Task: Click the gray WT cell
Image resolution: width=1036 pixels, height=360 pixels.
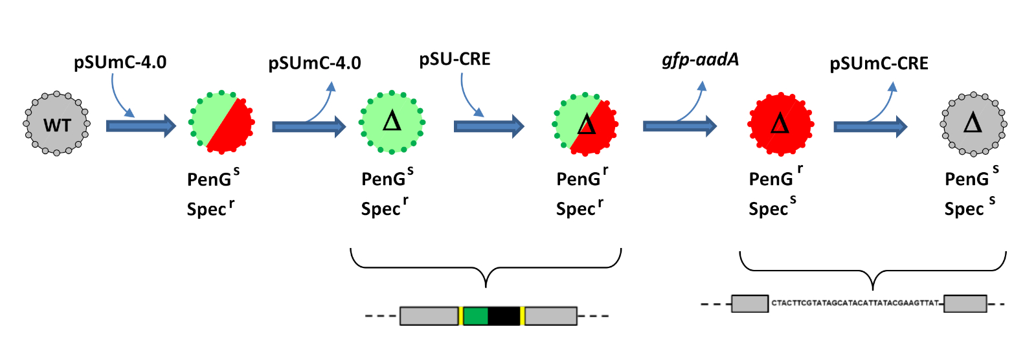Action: click(57, 124)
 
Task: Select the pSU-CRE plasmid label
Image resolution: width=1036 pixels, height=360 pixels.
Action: click(455, 59)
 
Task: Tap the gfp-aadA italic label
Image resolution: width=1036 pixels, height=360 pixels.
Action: click(700, 60)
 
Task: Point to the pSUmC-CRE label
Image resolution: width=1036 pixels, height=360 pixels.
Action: click(879, 63)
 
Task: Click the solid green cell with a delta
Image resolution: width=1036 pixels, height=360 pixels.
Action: click(392, 122)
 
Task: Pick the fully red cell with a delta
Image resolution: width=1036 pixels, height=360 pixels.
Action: click(781, 124)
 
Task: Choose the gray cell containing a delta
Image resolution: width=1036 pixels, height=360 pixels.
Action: click(973, 124)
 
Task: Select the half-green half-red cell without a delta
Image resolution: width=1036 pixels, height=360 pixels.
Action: click(221, 122)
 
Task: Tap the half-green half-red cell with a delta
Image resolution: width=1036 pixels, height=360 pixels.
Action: click(585, 124)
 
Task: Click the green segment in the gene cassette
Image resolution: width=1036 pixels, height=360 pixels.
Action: click(475, 316)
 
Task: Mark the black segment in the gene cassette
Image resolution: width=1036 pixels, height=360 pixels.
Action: click(504, 316)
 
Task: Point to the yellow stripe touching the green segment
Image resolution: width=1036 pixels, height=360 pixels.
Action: click(460, 316)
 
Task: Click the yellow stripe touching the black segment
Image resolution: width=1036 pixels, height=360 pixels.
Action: click(522, 316)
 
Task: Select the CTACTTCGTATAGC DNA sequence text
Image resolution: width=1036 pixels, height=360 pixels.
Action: click(855, 303)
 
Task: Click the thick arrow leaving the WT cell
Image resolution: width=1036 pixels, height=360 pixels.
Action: click(141, 126)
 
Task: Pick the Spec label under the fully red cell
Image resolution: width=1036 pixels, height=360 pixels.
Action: click(768, 208)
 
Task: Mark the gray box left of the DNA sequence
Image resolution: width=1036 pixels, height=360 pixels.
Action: click(750, 304)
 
